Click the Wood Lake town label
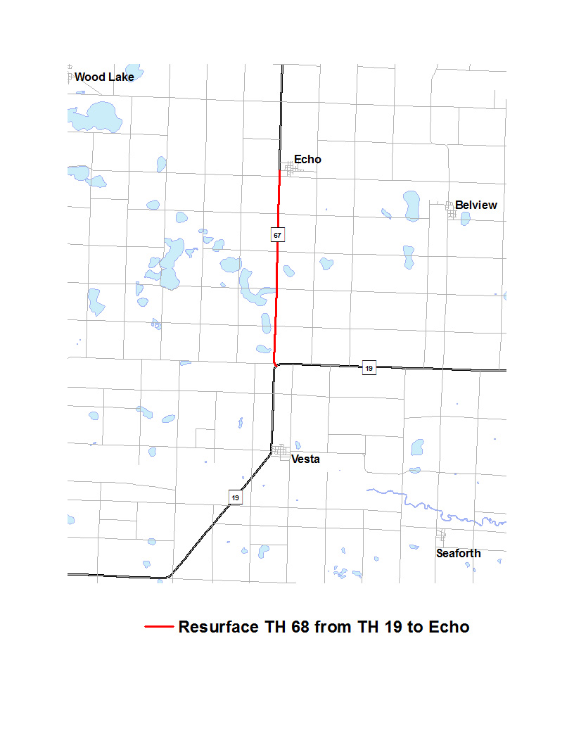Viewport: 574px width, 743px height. pos(104,77)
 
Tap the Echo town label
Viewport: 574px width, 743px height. pos(307,160)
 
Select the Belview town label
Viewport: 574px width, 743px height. pos(476,205)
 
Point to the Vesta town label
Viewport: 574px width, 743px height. pos(305,459)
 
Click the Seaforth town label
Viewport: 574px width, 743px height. pos(458,553)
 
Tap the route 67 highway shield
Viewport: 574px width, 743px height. pos(278,234)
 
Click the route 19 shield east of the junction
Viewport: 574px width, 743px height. pos(369,367)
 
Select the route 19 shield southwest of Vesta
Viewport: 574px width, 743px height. pos(235,497)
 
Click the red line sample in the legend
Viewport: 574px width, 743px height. pos(158,627)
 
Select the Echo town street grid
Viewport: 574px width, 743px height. pos(288,169)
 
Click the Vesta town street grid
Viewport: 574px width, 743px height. pos(281,450)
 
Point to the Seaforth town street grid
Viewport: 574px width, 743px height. pos(441,535)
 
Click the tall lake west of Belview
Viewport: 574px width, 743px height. pos(412,205)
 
